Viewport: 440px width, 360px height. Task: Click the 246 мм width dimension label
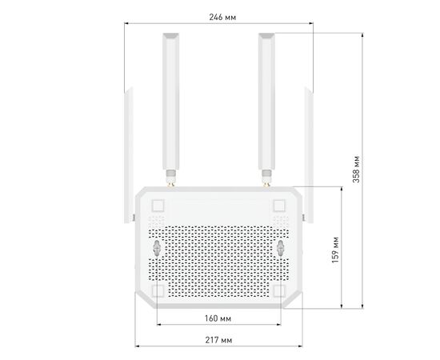[x=222, y=18]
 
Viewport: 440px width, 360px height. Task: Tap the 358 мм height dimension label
[x=356, y=169]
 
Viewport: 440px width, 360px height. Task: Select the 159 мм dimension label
[x=335, y=250]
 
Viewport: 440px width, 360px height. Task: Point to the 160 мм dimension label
[x=218, y=318]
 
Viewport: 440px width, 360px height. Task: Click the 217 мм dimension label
[x=218, y=340]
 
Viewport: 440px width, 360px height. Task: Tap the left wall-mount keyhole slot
[x=157, y=248]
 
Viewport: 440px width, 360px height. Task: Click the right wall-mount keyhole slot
[x=280, y=248]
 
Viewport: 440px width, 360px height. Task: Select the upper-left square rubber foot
[x=158, y=206]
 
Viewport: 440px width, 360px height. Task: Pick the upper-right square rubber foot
[x=279, y=206]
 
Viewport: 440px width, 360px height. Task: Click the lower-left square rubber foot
[x=158, y=290]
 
